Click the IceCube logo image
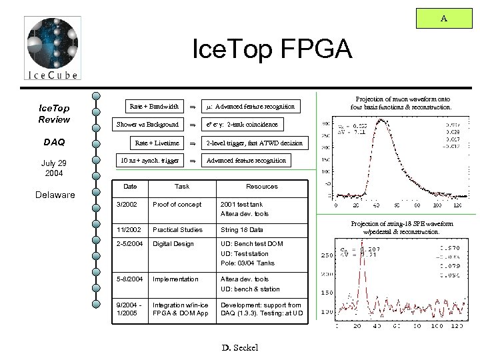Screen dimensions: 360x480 point(52,49)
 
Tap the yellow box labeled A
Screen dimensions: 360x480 point(443,19)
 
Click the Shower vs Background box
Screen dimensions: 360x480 point(147,125)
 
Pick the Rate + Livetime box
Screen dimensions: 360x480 point(157,143)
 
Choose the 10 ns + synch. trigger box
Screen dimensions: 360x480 point(149,160)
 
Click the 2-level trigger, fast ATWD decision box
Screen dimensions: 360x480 point(254,143)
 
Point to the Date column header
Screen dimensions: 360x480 point(131,187)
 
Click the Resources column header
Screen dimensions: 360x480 point(262,187)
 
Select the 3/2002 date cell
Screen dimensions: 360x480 point(127,204)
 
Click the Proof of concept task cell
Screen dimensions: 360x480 point(177,204)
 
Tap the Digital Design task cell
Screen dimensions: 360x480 point(173,244)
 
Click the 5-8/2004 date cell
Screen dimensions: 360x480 point(129,279)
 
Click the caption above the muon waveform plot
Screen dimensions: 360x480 point(401,102)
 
